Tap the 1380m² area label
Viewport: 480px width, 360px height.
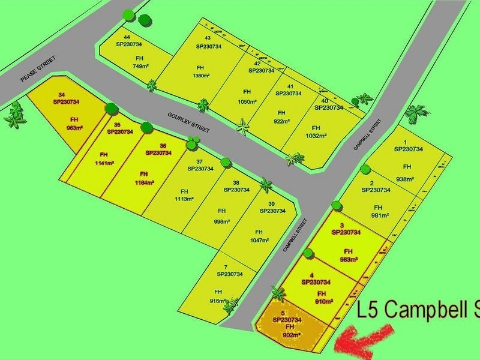[x=201, y=76]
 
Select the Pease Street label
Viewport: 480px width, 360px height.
[x=37, y=71]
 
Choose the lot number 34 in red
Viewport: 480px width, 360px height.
[x=61, y=95]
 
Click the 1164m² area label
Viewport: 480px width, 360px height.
[x=145, y=182]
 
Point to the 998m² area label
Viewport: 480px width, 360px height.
[x=222, y=221]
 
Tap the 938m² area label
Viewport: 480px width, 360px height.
[x=407, y=179]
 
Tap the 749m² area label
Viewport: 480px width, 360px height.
[x=139, y=67]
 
